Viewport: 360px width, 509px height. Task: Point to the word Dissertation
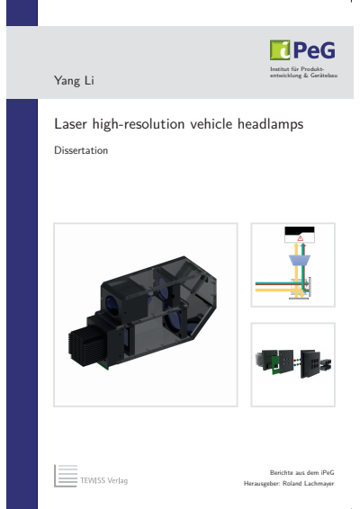(81, 151)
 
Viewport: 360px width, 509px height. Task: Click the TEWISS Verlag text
(104, 481)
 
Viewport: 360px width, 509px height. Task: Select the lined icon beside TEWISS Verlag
(66, 476)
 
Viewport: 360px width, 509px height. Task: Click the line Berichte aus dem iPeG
(295, 472)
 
